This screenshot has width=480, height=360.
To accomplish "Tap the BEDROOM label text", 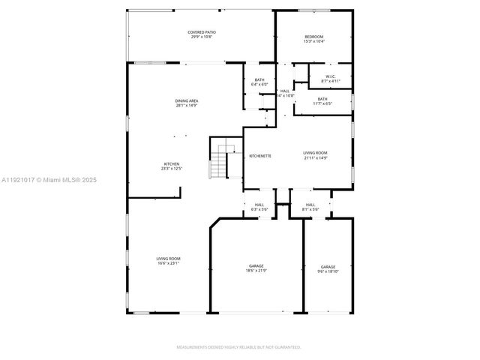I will click(313, 37).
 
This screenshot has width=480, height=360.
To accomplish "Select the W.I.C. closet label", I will click(330, 76).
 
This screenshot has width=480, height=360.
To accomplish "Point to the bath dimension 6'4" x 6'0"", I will click(259, 84).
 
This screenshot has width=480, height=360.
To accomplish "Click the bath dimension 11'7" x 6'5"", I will click(322, 103).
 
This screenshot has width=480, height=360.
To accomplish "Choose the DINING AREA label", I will click(187, 100).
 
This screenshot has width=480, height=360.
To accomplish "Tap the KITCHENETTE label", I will click(260, 155).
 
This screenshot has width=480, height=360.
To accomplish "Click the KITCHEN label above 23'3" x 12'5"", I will click(172, 164).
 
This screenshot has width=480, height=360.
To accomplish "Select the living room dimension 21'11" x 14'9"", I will click(315, 157).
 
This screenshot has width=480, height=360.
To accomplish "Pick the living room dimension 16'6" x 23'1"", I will click(168, 263).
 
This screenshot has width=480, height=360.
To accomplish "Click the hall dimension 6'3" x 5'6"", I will click(259, 209).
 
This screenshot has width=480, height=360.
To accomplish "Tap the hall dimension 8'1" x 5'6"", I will click(310, 209).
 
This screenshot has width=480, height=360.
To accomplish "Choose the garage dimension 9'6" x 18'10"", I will click(328, 271).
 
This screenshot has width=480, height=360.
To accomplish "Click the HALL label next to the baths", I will click(285, 91).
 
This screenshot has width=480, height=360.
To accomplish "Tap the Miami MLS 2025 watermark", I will click(49, 180).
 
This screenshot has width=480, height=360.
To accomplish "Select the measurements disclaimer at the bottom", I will click(238, 347).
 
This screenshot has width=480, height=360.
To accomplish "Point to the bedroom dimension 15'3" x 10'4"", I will click(313, 41).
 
